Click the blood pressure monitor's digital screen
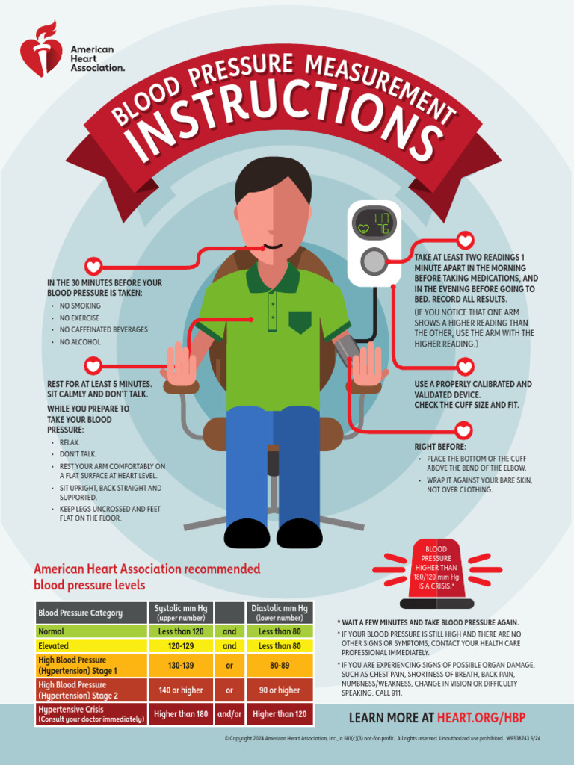pyautogui.click(x=374, y=223)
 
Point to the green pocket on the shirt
pyautogui.click(x=300, y=322)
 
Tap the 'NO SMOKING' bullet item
pyautogui.click(x=80, y=306)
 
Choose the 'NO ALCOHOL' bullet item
pyautogui.click(x=80, y=342)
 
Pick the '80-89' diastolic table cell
pyautogui.click(x=280, y=665)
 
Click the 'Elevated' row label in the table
pyautogui.click(x=53, y=645)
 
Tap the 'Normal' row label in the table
pyautogui.click(x=51, y=631)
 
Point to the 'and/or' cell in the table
pyautogui.click(x=229, y=714)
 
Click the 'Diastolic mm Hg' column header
pyautogui.click(x=280, y=613)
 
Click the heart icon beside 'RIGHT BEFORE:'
pyautogui.click(x=464, y=431)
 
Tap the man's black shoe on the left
pyautogui.click(x=247, y=534)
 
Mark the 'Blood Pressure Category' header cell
pyautogui.click(x=80, y=613)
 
